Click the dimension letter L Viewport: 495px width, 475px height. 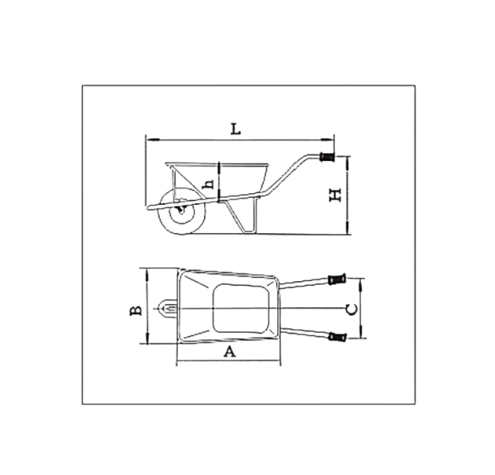coord(237,129)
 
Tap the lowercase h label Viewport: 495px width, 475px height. coord(206,183)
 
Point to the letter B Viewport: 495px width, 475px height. coord(135,310)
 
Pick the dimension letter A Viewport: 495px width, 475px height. coord(229,353)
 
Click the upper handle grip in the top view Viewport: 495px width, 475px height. coord(336,279)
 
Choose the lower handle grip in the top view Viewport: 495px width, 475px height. coord(336,336)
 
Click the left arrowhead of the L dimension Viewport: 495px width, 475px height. coord(148,139)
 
